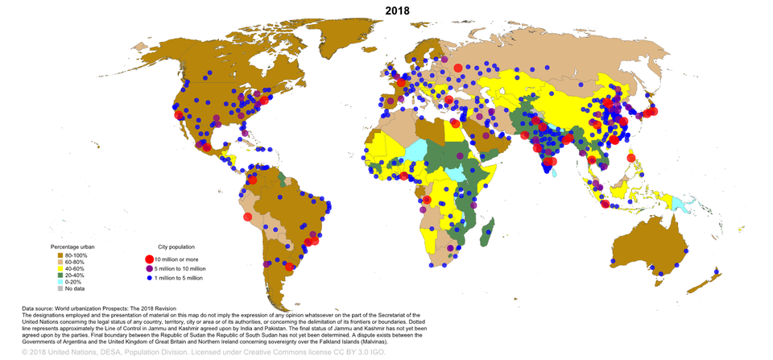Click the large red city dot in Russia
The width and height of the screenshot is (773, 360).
pyautogui.click(x=457, y=69)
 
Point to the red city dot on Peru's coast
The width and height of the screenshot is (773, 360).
pyautogui.click(x=248, y=216)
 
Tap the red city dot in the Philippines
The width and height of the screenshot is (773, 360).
pyautogui.click(x=630, y=158)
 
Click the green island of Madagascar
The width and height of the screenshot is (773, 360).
pyautogui.click(x=486, y=234)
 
